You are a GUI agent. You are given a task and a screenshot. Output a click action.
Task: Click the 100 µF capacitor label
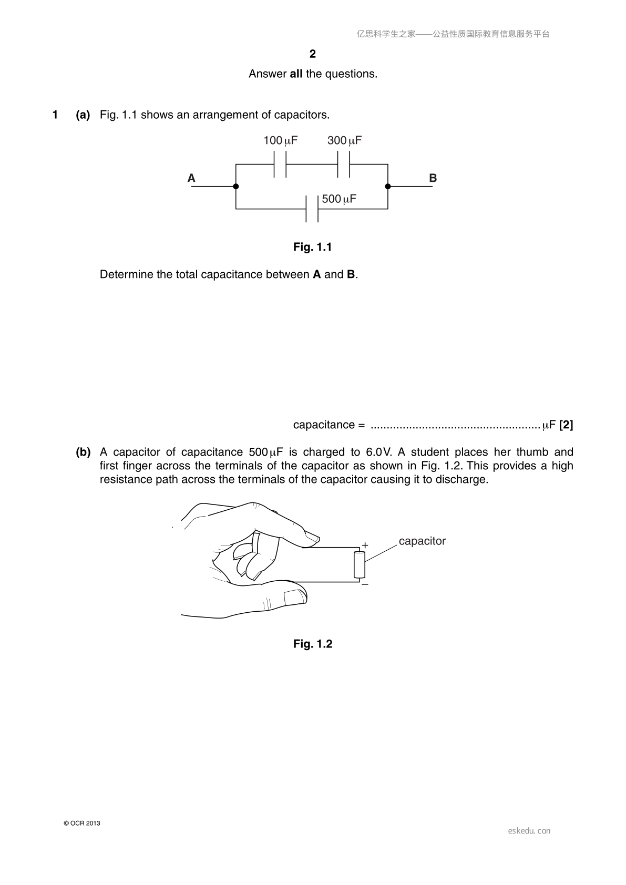pos(280,140)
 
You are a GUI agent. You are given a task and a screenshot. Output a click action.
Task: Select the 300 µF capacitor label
pos(344,140)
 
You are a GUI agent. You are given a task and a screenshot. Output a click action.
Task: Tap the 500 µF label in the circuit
pos(338,199)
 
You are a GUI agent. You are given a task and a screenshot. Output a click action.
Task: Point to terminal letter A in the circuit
pos(191,178)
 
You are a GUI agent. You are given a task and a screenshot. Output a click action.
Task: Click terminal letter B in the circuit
pos(433,178)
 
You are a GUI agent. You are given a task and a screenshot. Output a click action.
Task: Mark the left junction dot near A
pos(236,187)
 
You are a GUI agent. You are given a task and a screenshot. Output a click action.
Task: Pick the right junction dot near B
pos(388,187)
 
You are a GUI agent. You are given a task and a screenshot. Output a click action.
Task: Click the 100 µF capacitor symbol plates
pos(280,164)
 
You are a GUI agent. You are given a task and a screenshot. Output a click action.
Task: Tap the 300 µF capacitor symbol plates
pos(344,164)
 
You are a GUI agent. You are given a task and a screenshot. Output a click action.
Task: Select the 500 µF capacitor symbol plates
pos(312,209)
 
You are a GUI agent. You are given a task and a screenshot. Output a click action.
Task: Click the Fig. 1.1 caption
pos(313,247)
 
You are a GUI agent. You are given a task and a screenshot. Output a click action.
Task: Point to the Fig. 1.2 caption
pos(313,644)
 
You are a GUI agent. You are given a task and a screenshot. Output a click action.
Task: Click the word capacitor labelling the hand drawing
pos(422,541)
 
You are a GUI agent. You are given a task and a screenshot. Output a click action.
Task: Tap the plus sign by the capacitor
pos(365,545)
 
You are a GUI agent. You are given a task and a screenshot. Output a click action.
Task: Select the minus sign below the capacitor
pos(365,584)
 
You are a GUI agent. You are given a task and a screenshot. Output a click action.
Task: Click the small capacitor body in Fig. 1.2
pos(359,565)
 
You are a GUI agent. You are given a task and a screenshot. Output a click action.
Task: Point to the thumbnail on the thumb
pos(295,597)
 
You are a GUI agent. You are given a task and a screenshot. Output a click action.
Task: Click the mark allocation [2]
pos(566,425)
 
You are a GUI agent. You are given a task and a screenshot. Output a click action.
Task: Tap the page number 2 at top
pos(313,54)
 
